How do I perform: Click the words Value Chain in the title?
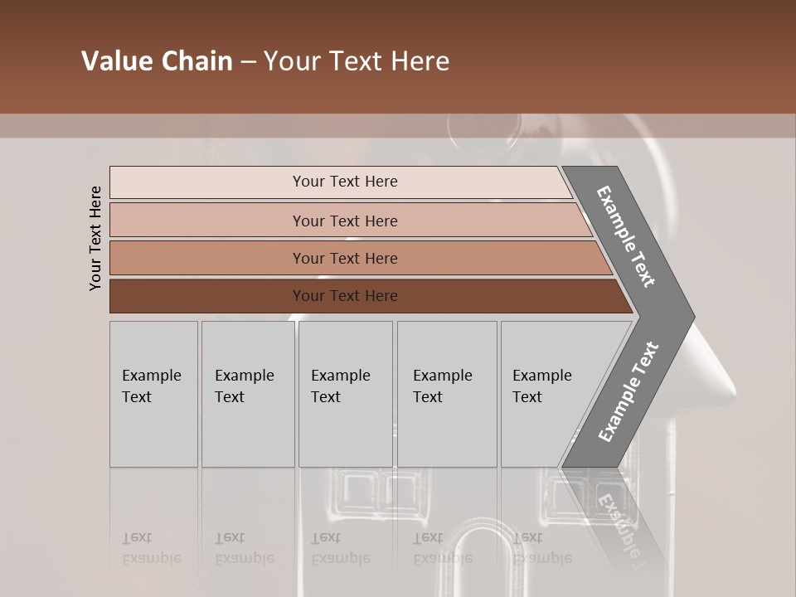[x=157, y=61]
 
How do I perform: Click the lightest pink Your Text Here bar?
[x=344, y=182]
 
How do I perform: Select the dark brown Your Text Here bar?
[x=344, y=296]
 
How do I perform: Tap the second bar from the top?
[x=344, y=221]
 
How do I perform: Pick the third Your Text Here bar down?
[x=344, y=259]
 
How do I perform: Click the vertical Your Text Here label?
[x=95, y=238]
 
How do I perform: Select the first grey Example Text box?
[x=153, y=394]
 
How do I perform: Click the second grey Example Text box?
[x=247, y=394]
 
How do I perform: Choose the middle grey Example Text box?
[x=345, y=394]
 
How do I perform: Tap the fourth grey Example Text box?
[x=447, y=394]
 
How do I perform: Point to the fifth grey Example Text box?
[x=547, y=394]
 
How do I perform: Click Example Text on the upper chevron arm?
[x=627, y=236]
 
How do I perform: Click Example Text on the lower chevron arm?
[x=629, y=392]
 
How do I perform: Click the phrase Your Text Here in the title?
[x=357, y=61]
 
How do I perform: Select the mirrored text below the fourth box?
[x=442, y=548]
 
